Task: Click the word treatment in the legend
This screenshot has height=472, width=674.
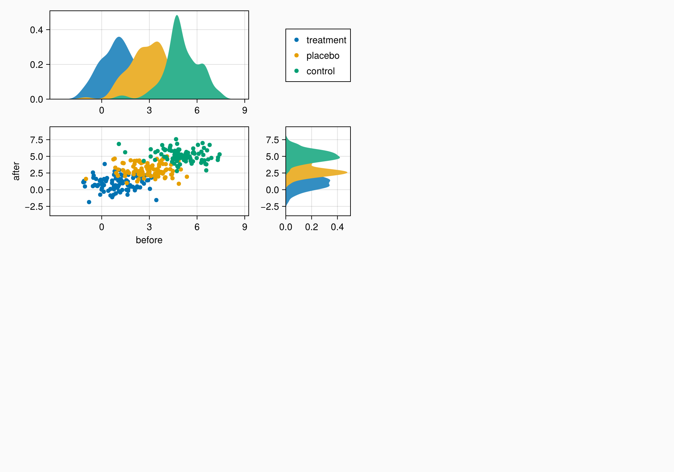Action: click(x=326, y=40)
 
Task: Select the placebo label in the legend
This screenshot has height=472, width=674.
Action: click(x=323, y=56)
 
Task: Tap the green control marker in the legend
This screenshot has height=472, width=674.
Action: click(x=297, y=71)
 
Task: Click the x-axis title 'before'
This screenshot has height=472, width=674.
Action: click(x=149, y=240)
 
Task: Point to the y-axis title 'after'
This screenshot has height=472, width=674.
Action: click(x=16, y=171)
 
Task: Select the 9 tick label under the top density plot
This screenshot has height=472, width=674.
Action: click(x=245, y=111)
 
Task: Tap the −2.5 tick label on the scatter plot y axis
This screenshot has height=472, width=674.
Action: click(x=34, y=207)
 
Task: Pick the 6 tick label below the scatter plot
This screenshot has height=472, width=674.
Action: click(x=197, y=227)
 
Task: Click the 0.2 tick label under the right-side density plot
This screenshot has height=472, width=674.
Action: click(x=311, y=227)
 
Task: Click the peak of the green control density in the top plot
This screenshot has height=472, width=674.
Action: click(x=177, y=16)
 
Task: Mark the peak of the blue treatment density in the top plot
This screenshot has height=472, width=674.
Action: click(x=119, y=37)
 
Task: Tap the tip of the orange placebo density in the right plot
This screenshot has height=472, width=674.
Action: click(x=347, y=173)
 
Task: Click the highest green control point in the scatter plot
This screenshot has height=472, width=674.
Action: click(x=176, y=139)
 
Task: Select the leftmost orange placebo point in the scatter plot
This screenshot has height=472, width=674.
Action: click(x=86, y=179)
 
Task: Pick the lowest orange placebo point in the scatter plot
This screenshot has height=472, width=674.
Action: click(x=179, y=184)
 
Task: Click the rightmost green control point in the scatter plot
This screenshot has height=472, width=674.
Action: click(x=219, y=154)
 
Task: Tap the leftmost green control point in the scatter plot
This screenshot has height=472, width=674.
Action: click(x=119, y=144)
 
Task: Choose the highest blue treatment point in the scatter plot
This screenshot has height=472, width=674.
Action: click(x=104, y=164)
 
